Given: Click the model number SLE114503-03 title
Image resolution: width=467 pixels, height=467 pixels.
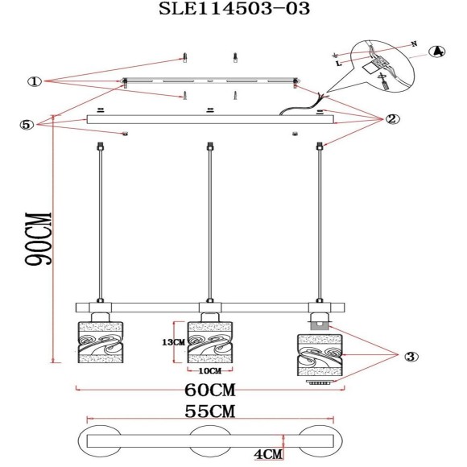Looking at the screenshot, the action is point(234,9).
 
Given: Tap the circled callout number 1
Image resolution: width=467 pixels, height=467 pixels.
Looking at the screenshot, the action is point(35,81).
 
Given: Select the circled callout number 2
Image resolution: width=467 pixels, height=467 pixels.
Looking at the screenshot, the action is point(392,119).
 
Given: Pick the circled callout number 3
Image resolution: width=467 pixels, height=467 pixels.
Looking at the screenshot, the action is point(411,357).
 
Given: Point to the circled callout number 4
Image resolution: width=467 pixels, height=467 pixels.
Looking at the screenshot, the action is point(437,52).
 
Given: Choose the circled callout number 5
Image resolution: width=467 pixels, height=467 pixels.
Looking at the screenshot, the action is point(27,125).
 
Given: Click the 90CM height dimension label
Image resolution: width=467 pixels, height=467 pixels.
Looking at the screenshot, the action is point(38,238).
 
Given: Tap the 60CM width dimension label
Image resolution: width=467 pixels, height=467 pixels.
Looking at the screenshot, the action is point(210,390).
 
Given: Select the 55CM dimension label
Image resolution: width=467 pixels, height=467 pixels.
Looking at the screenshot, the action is point(210,411).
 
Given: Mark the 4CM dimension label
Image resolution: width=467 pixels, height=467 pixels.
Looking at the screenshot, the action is point(268,454).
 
